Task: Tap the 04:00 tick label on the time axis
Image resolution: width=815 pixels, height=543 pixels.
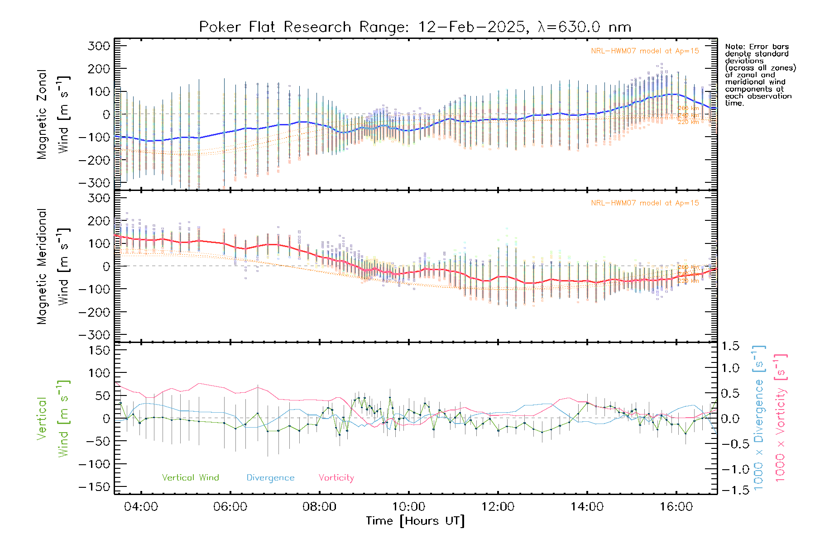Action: [141, 507]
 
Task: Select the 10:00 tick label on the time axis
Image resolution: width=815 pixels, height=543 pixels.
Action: [408, 507]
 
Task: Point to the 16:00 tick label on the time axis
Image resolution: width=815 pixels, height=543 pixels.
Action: [676, 507]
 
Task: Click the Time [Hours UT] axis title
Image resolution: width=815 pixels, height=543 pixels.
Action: [415, 521]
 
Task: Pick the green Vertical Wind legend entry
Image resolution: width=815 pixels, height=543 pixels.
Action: [190, 478]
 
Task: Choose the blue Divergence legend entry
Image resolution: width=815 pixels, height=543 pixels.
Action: [270, 478]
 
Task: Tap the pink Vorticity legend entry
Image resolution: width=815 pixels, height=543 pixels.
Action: [336, 478]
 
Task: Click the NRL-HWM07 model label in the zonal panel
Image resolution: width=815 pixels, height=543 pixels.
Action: [645, 51]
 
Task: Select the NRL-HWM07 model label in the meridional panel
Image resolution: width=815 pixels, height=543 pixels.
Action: [645, 203]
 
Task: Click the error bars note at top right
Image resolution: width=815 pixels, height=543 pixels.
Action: [760, 75]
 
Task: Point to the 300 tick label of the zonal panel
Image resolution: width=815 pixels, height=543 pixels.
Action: [99, 46]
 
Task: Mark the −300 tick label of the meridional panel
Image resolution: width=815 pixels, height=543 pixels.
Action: [94, 335]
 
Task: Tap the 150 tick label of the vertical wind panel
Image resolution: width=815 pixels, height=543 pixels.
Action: [99, 350]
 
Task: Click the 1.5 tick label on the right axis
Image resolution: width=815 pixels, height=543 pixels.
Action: [730, 346]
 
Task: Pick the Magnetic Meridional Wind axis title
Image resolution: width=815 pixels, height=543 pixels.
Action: [53, 267]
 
